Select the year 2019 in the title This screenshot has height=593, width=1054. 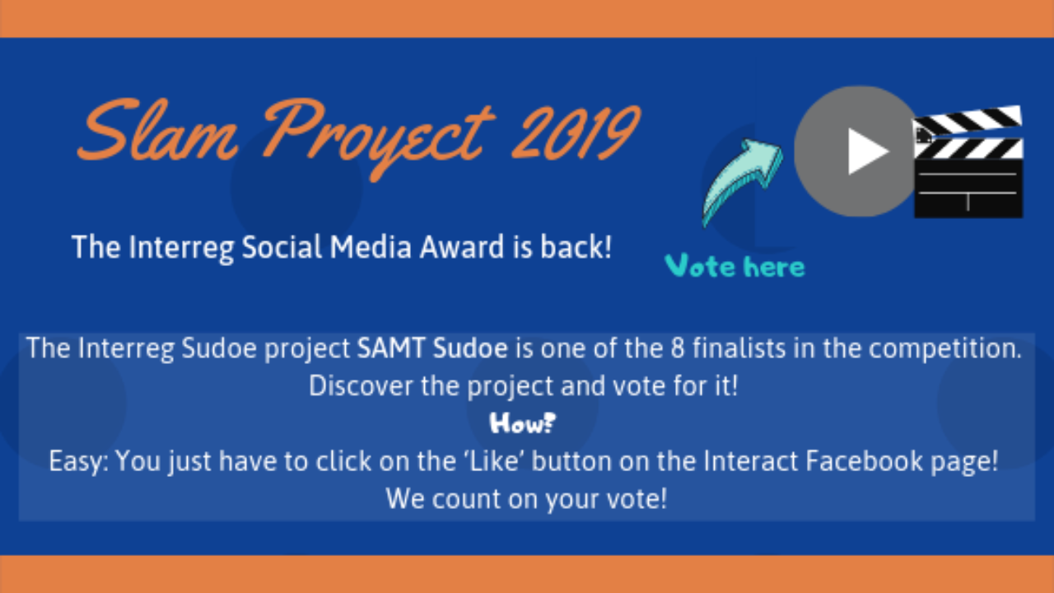(x=576, y=132)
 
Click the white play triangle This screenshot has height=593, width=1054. (x=869, y=152)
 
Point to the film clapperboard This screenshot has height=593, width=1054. (x=968, y=161)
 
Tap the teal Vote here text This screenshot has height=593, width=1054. (x=735, y=266)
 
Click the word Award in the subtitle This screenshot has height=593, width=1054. (x=462, y=247)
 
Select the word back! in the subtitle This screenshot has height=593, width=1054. (x=576, y=247)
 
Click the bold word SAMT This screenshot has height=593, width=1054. (x=391, y=348)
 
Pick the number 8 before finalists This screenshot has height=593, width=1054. (x=677, y=348)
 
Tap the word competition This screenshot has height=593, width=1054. (x=944, y=349)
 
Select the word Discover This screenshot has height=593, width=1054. (x=361, y=386)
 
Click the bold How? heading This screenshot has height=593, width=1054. (x=523, y=423)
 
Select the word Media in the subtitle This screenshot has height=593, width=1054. (x=371, y=247)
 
